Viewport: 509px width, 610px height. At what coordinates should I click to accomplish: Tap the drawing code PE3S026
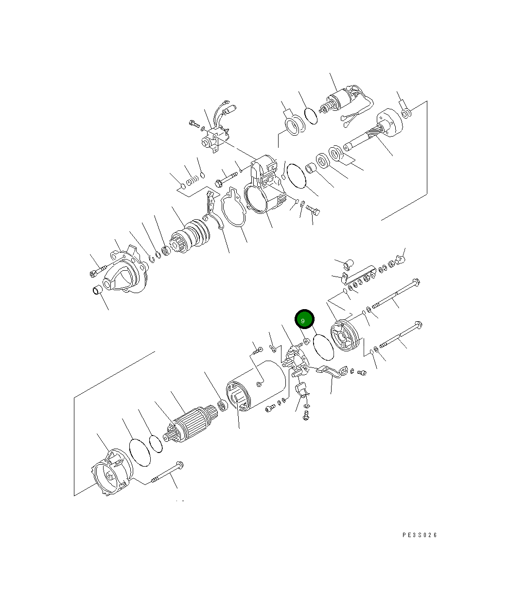point(419,535)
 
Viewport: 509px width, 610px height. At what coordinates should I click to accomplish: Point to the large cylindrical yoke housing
point(256,385)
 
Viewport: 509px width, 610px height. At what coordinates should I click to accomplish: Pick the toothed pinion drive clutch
point(190,236)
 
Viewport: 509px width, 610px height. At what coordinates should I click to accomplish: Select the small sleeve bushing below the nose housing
point(97,290)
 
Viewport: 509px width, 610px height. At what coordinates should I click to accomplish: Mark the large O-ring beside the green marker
point(323,347)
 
